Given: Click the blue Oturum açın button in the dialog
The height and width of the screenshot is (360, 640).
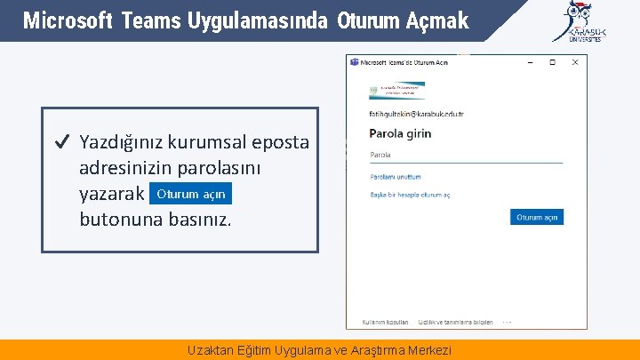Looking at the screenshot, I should coord(537,217).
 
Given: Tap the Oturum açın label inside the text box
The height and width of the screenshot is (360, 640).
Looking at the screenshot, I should coord(191,194).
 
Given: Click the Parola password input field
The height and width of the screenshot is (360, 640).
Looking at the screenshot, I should coord(465,156).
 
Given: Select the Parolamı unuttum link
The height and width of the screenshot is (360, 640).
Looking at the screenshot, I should coord(396,177).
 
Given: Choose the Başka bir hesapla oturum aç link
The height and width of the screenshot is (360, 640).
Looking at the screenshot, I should coord(410,195).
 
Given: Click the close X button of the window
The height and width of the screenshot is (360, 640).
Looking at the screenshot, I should coord(574,62).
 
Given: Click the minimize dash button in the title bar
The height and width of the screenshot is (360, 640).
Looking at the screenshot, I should coord(530,62).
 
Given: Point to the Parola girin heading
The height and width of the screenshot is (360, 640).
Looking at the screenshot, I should coord(400,133).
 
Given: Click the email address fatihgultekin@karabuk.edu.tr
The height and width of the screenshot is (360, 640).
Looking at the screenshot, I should coord(416,114).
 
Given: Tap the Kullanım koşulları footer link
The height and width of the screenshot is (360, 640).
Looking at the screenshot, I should coord(385,322).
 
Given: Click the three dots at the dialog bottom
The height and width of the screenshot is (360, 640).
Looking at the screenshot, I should coord(507,322).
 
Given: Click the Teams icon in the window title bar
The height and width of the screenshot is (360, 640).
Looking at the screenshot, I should coord(355,62).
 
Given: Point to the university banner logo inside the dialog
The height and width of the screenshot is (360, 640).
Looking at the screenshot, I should coord(396,91).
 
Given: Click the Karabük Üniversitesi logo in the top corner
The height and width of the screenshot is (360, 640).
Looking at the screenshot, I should coord(582,22).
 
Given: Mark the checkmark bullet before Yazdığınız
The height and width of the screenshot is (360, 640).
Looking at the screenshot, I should coord(61,142).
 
